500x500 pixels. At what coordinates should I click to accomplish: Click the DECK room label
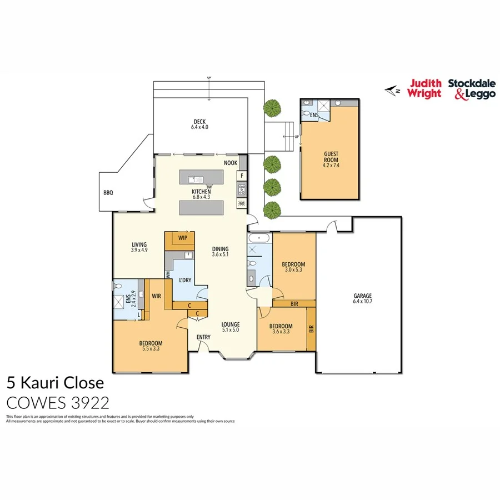click(x=200, y=122)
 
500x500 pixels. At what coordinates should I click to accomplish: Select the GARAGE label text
click(x=362, y=296)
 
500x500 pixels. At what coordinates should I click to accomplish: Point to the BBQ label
click(x=108, y=193)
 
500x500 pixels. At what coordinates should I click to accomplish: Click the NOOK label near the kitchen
click(x=231, y=163)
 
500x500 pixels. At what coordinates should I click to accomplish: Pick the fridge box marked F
click(x=242, y=176)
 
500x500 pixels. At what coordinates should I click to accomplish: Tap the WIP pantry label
click(x=182, y=238)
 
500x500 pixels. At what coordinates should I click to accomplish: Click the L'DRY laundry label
click(x=184, y=280)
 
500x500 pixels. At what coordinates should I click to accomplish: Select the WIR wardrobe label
click(x=157, y=297)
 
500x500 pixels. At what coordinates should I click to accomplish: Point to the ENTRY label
click(x=203, y=337)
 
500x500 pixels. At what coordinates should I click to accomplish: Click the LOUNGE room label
click(x=230, y=324)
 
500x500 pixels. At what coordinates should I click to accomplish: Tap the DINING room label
click(x=221, y=249)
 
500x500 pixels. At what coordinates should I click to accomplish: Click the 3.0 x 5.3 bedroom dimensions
click(x=294, y=270)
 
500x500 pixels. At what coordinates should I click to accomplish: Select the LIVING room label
click(x=139, y=244)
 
